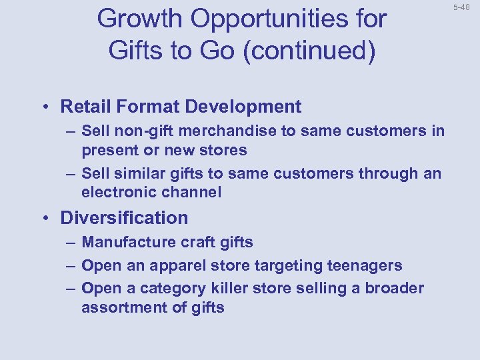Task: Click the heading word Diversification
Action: [x=125, y=218]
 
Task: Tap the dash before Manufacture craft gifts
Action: [x=69, y=243]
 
